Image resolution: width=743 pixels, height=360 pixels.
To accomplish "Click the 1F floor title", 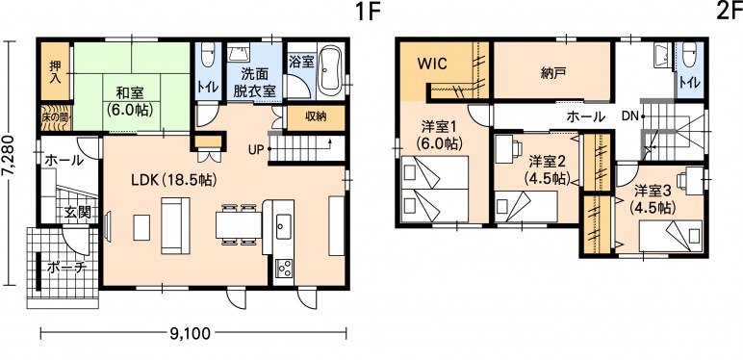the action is pyautogui.click(x=369, y=12).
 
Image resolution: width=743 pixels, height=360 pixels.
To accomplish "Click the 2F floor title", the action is pyautogui.click(x=730, y=12).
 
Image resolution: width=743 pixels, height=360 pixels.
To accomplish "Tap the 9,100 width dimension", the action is pyautogui.click(x=190, y=334).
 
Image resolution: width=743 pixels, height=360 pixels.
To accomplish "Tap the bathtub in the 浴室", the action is pyautogui.click(x=330, y=70).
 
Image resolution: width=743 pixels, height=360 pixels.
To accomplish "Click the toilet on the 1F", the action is pyautogui.click(x=208, y=56).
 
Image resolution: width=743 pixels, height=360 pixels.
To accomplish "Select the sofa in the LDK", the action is pyautogui.click(x=175, y=225).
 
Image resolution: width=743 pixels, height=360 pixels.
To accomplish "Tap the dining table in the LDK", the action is pyautogui.click(x=239, y=225).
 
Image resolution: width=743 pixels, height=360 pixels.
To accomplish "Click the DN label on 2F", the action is pyautogui.click(x=629, y=115).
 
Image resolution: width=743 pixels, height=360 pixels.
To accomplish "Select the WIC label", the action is pyautogui.click(x=432, y=64).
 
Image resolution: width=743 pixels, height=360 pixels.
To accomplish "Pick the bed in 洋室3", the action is pyautogui.click(x=670, y=236).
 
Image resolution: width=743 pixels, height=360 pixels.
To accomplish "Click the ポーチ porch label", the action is pyautogui.click(x=66, y=268).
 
